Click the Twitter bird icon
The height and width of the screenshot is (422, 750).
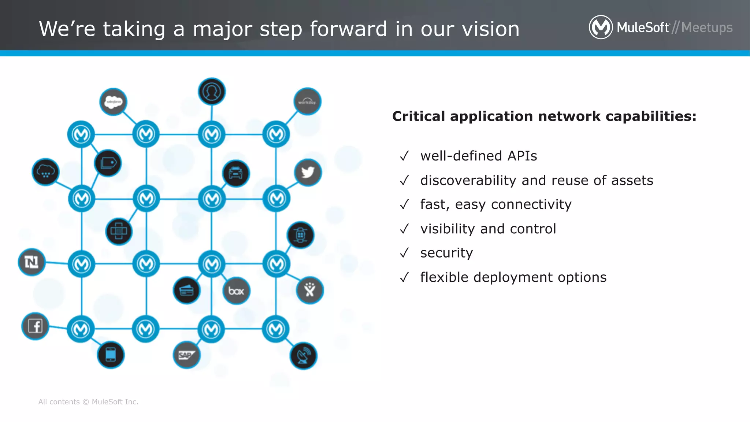(x=308, y=172)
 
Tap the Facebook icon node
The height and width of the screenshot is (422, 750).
(x=35, y=326)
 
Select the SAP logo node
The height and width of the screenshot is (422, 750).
(x=186, y=355)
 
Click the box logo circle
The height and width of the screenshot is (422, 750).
(x=236, y=291)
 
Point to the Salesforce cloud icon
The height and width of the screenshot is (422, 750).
(x=113, y=101)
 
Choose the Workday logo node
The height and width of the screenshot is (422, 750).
(x=307, y=101)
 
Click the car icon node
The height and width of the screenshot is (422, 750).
(x=236, y=173)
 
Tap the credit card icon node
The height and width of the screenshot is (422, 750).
(x=186, y=291)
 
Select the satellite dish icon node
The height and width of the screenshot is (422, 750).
(x=303, y=356)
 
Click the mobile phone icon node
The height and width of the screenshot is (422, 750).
(x=111, y=355)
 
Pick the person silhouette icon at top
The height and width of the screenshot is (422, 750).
(x=212, y=92)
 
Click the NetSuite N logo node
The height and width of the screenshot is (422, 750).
(x=31, y=262)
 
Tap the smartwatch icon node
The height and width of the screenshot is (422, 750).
(x=300, y=235)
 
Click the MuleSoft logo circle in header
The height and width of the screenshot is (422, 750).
(x=601, y=27)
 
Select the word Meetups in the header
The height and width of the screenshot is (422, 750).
(x=707, y=28)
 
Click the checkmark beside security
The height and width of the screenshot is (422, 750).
(x=404, y=253)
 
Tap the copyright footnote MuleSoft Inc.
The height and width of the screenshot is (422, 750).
(x=115, y=402)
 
